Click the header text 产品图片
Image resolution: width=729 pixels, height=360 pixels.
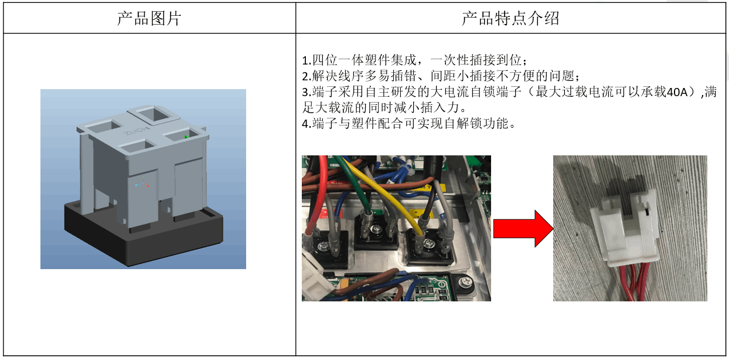pyautogui.click(x=149, y=18)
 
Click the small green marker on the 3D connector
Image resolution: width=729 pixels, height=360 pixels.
pyautogui.click(x=186, y=137)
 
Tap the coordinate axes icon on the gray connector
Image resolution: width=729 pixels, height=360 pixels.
pyautogui.click(x=142, y=184)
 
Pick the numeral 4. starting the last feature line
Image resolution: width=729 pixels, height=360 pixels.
pyautogui.click(x=305, y=124)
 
